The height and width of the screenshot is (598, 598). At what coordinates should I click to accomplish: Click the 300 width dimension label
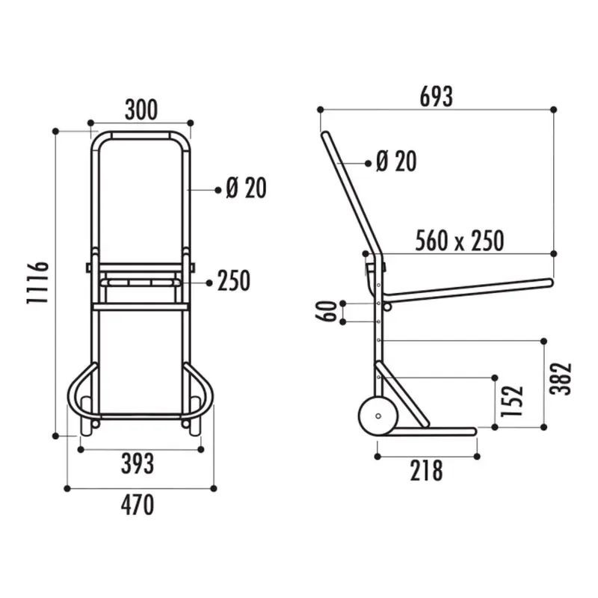(x=141, y=110)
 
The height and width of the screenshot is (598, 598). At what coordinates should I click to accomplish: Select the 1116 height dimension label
(x=38, y=282)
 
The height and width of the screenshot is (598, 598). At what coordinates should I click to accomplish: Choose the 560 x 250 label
(x=459, y=241)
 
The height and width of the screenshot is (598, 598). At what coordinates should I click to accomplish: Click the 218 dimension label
(x=425, y=471)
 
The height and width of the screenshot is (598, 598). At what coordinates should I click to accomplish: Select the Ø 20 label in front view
(x=245, y=189)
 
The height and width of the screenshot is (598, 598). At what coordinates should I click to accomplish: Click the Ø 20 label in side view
(x=395, y=161)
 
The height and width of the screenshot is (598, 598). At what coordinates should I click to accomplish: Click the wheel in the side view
(x=377, y=417)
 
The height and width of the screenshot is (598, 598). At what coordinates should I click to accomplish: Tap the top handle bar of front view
(x=141, y=135)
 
